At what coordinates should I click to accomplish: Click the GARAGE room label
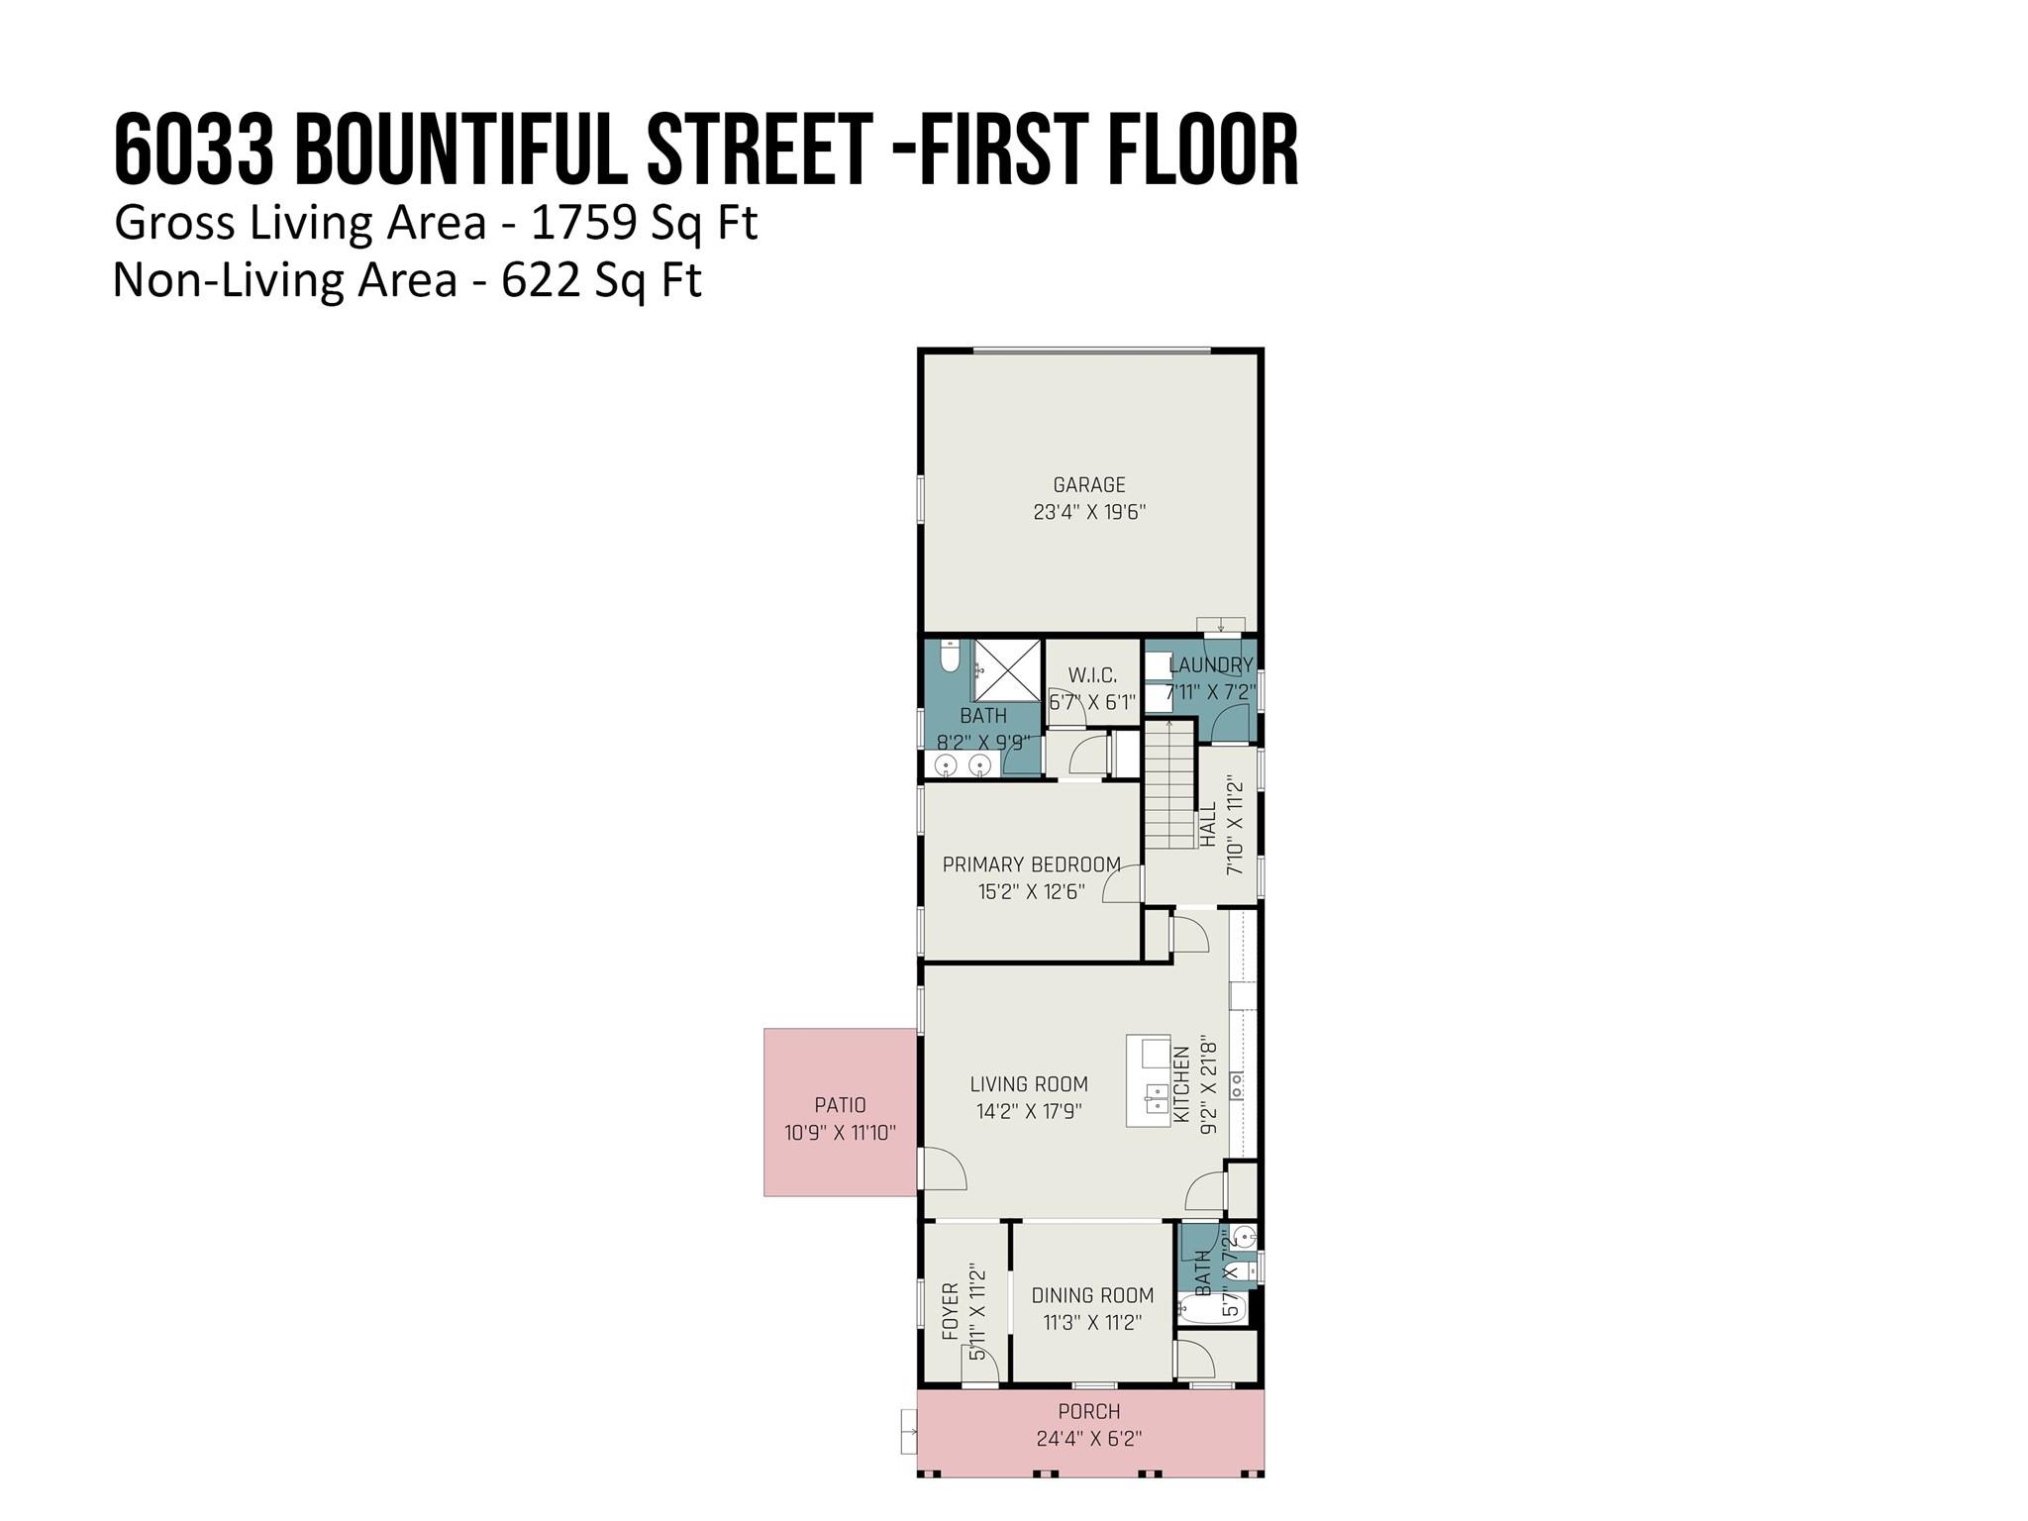tap(1089, 485)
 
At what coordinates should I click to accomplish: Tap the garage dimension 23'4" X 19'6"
tap(1089, 512)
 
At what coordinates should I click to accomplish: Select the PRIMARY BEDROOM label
tap(1032, 864)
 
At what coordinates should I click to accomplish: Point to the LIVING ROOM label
tap(1029, 1084)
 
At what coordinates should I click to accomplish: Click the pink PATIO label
tap(840, 1105)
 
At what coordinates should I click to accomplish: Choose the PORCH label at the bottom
tap(1089, 1411)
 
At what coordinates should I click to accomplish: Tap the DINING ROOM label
tap(1092, 1295)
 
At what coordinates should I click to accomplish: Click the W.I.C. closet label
tap(1092, 675)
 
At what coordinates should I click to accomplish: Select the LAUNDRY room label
tap(1211, 664)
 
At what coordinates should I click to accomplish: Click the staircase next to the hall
tap(1170, 784)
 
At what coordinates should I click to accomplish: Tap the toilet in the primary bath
tap(951, 656)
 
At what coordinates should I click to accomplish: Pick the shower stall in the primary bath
tap(1006, 672)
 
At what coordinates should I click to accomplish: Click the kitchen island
tap(1149, 1080)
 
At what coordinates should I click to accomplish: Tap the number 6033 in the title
tap(194, 151)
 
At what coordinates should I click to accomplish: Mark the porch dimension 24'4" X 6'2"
tap(1089, 1438)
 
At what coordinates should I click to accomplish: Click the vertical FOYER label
tap(951, 1312)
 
